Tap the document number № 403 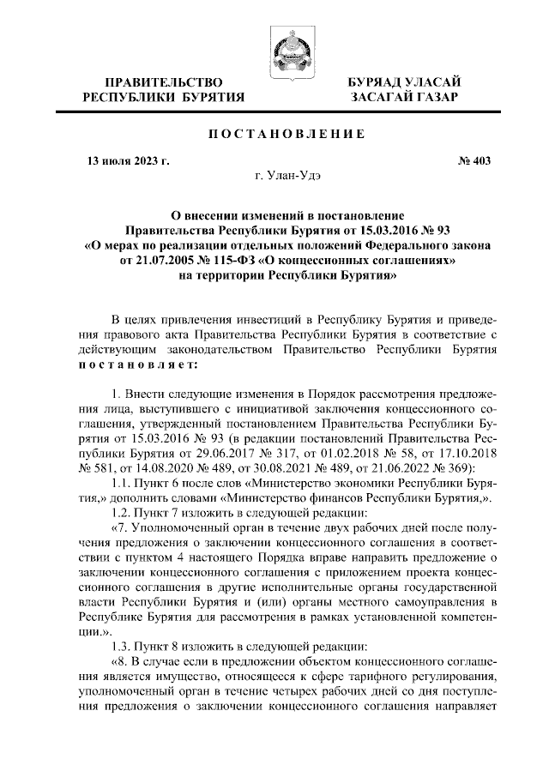pyautogui.click(x=471, y=160)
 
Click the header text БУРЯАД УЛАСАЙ pyautogui.click(x=403, y=82)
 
